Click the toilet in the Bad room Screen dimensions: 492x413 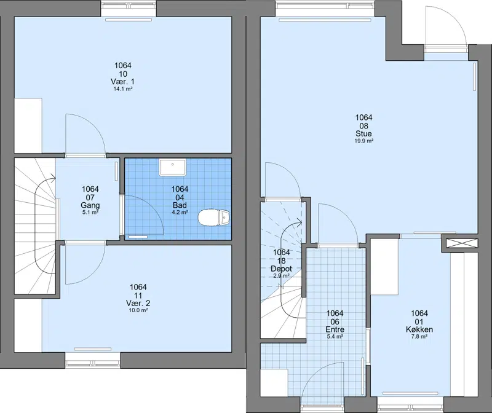click(213, 218)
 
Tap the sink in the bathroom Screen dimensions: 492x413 click(173, 167)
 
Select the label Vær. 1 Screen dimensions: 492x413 click(122, 82)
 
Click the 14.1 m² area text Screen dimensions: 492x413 click(122, 89)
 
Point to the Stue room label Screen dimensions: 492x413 click(363, 133)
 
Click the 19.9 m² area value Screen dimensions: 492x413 click(363, 141)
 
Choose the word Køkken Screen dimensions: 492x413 click(419, 329)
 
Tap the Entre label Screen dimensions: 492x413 click(335, 329)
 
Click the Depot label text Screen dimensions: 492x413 click(281, 269)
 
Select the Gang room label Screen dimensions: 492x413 click(90, 205)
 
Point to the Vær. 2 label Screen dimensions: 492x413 click(138, 303)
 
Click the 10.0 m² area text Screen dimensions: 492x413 click(138, 310)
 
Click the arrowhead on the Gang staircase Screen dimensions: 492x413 click(53, 178)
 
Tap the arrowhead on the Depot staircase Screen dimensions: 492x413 click(299, 223)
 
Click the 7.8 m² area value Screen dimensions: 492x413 click(419, 337)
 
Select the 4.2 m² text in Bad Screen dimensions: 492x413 click(180, 212)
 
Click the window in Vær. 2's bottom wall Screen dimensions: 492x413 click(93, 360)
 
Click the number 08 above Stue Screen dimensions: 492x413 click(363, 125)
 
